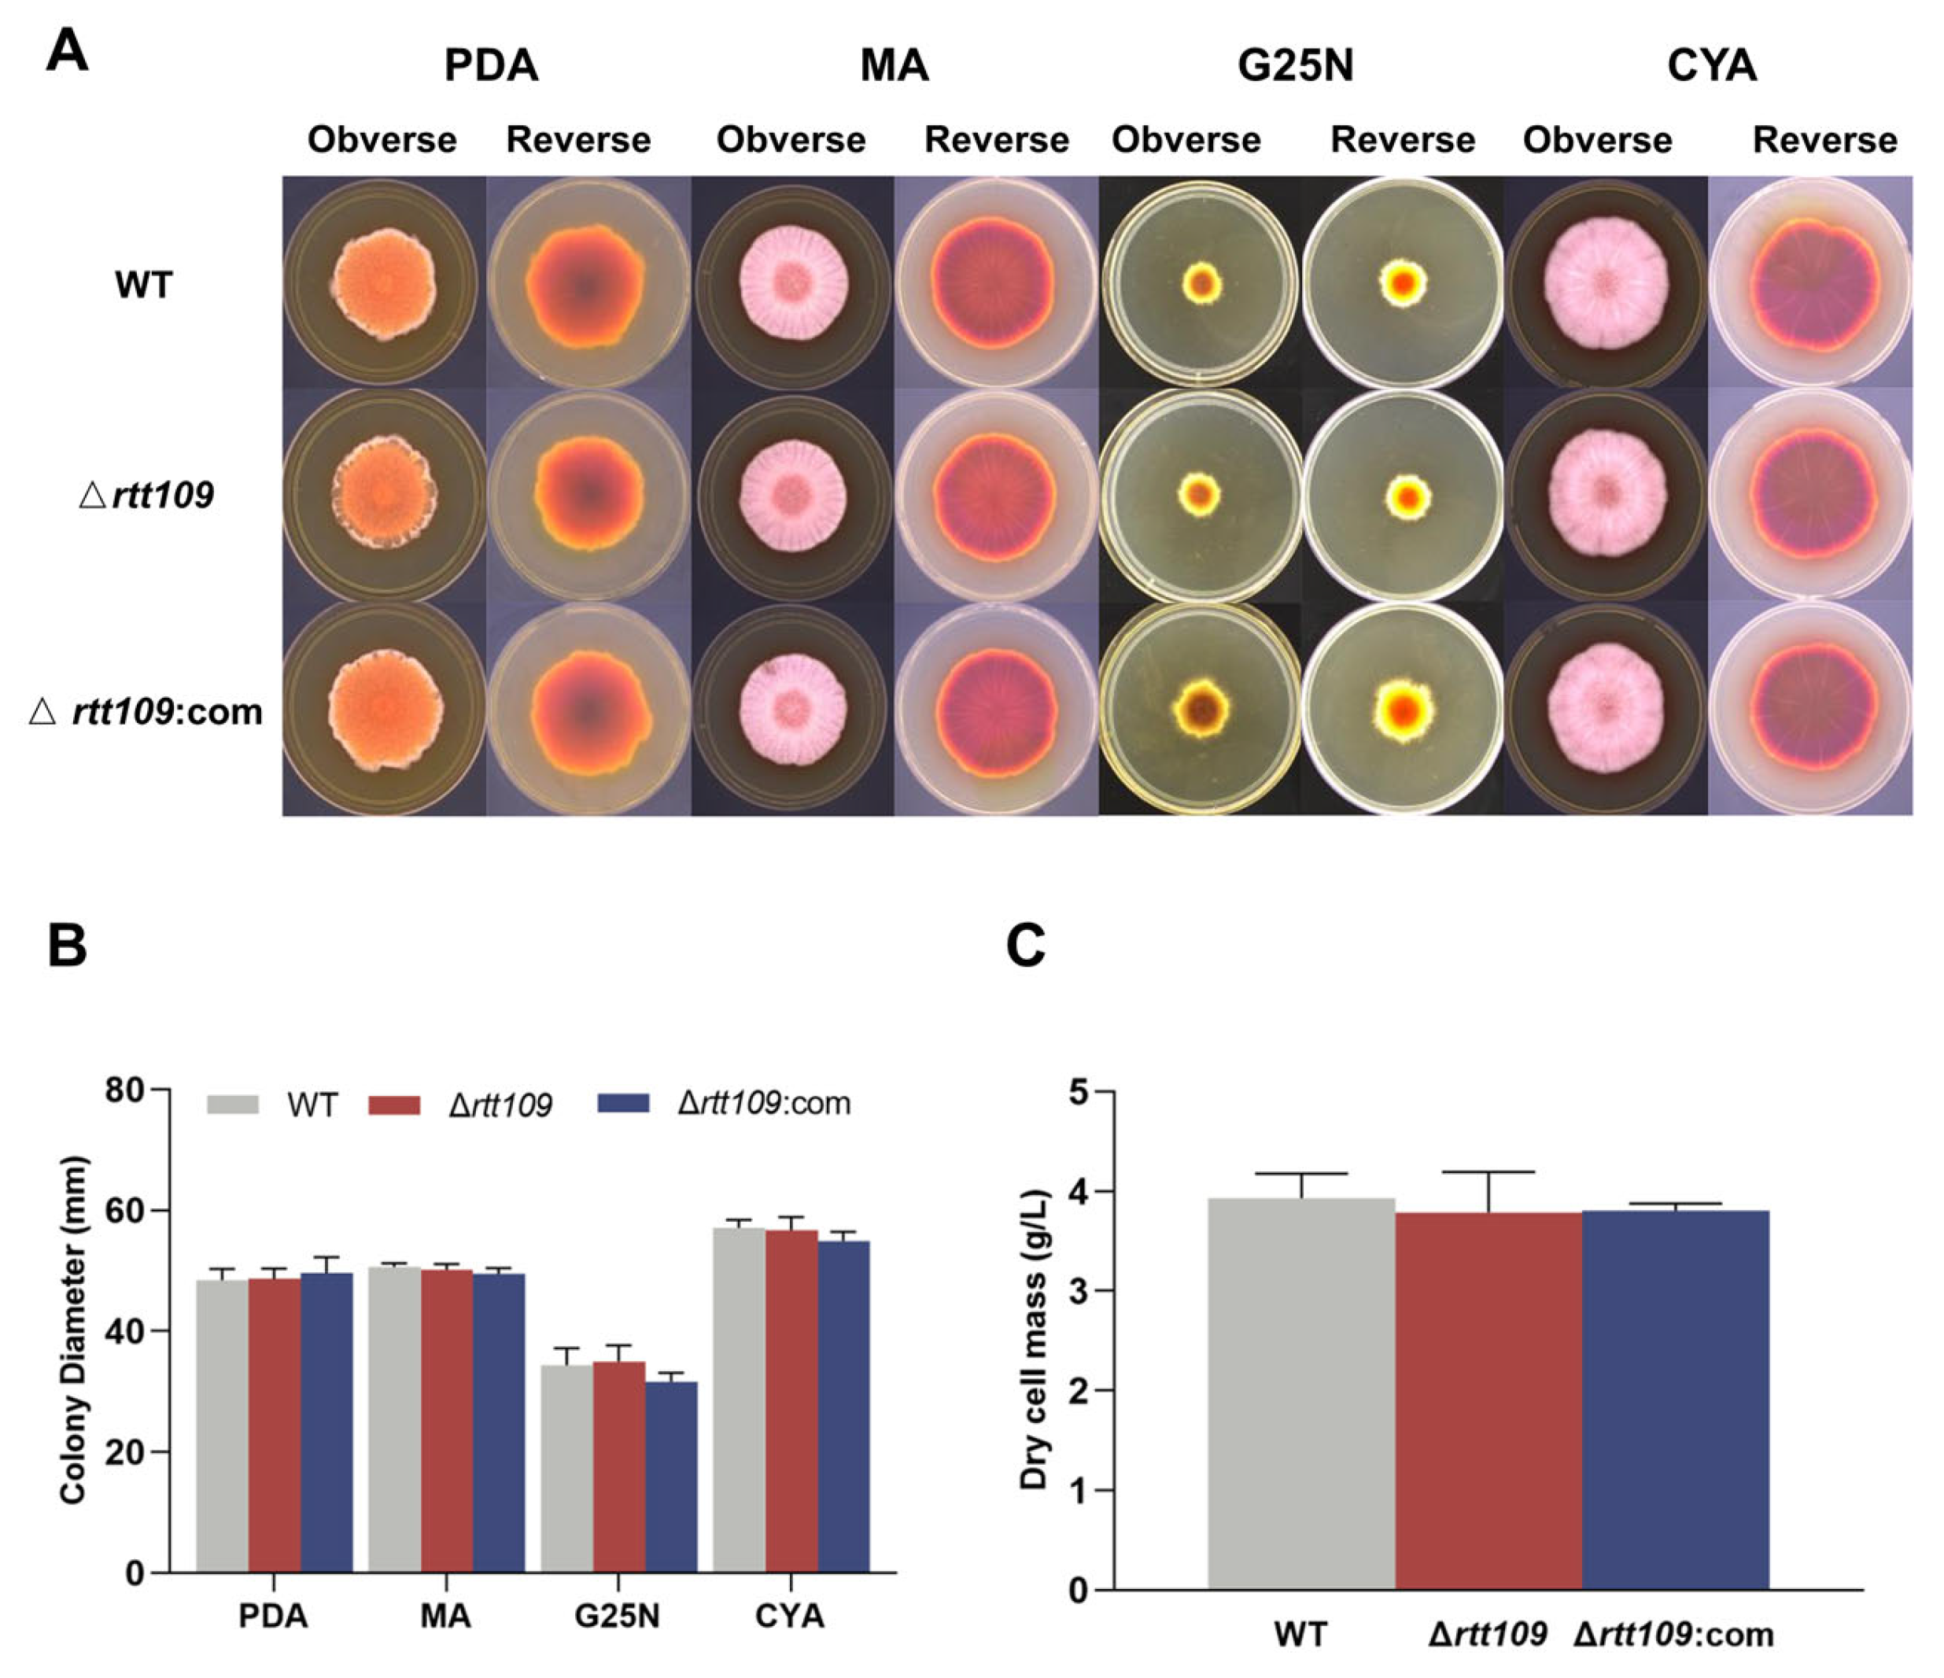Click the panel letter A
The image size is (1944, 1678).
click(x=67, y=52)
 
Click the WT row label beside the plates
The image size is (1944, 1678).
click(x=143, y=284)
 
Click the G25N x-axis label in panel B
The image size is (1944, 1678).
click(x=618, y=1616)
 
